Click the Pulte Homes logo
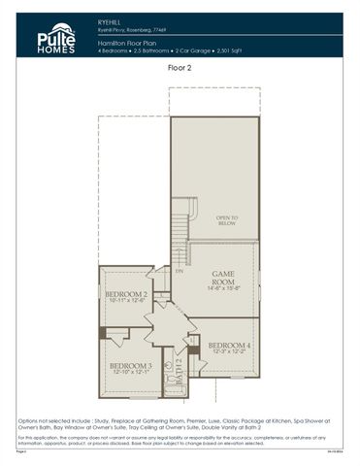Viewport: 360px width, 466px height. (x=54, y=37)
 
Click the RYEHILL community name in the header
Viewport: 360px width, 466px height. (x=112, y=18)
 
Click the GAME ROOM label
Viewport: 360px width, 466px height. (x=225, y=278)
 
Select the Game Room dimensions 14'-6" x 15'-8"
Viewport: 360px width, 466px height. (x=225, y=288)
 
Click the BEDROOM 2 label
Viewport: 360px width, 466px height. (x=125, y=294)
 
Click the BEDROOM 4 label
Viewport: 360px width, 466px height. (x=229, y=346)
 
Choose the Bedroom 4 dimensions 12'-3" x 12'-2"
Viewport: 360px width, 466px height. (x=229, y=352)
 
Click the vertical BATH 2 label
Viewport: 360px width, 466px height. (x=180, y=373)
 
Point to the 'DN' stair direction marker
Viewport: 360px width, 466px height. (x=179, y=271)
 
